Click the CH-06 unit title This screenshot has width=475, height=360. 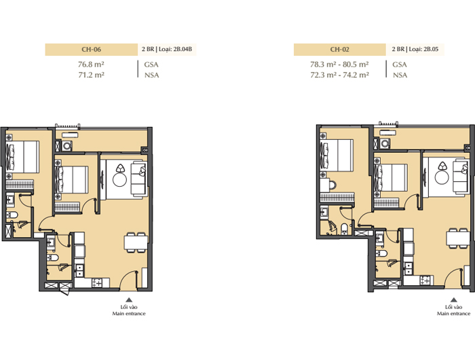(91, 50)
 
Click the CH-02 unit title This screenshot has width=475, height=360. (339, 50)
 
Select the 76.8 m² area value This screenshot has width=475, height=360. (91, 65)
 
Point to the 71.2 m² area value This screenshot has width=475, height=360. (91, 75)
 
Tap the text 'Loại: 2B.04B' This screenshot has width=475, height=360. (175, 49)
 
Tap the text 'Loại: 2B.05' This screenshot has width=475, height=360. (423, 49)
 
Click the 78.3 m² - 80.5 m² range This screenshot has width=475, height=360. (339, 65)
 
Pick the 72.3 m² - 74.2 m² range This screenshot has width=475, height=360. (339, 75)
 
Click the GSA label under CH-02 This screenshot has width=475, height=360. (400, 65)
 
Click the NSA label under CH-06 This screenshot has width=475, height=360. (151, 75)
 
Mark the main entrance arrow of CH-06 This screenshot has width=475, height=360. (129, 300)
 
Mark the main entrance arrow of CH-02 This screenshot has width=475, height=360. (453, 300)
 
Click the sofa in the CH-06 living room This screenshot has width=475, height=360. (138, 179)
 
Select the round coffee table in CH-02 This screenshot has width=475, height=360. (441, 177)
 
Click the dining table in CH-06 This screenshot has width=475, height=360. (136, 242)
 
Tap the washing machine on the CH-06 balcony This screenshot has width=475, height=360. (66, 146)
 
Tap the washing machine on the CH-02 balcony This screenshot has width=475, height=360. (385, 143)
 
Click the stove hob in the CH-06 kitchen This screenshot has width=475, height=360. (97, 283)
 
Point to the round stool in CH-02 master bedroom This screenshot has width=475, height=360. (332, 185)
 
